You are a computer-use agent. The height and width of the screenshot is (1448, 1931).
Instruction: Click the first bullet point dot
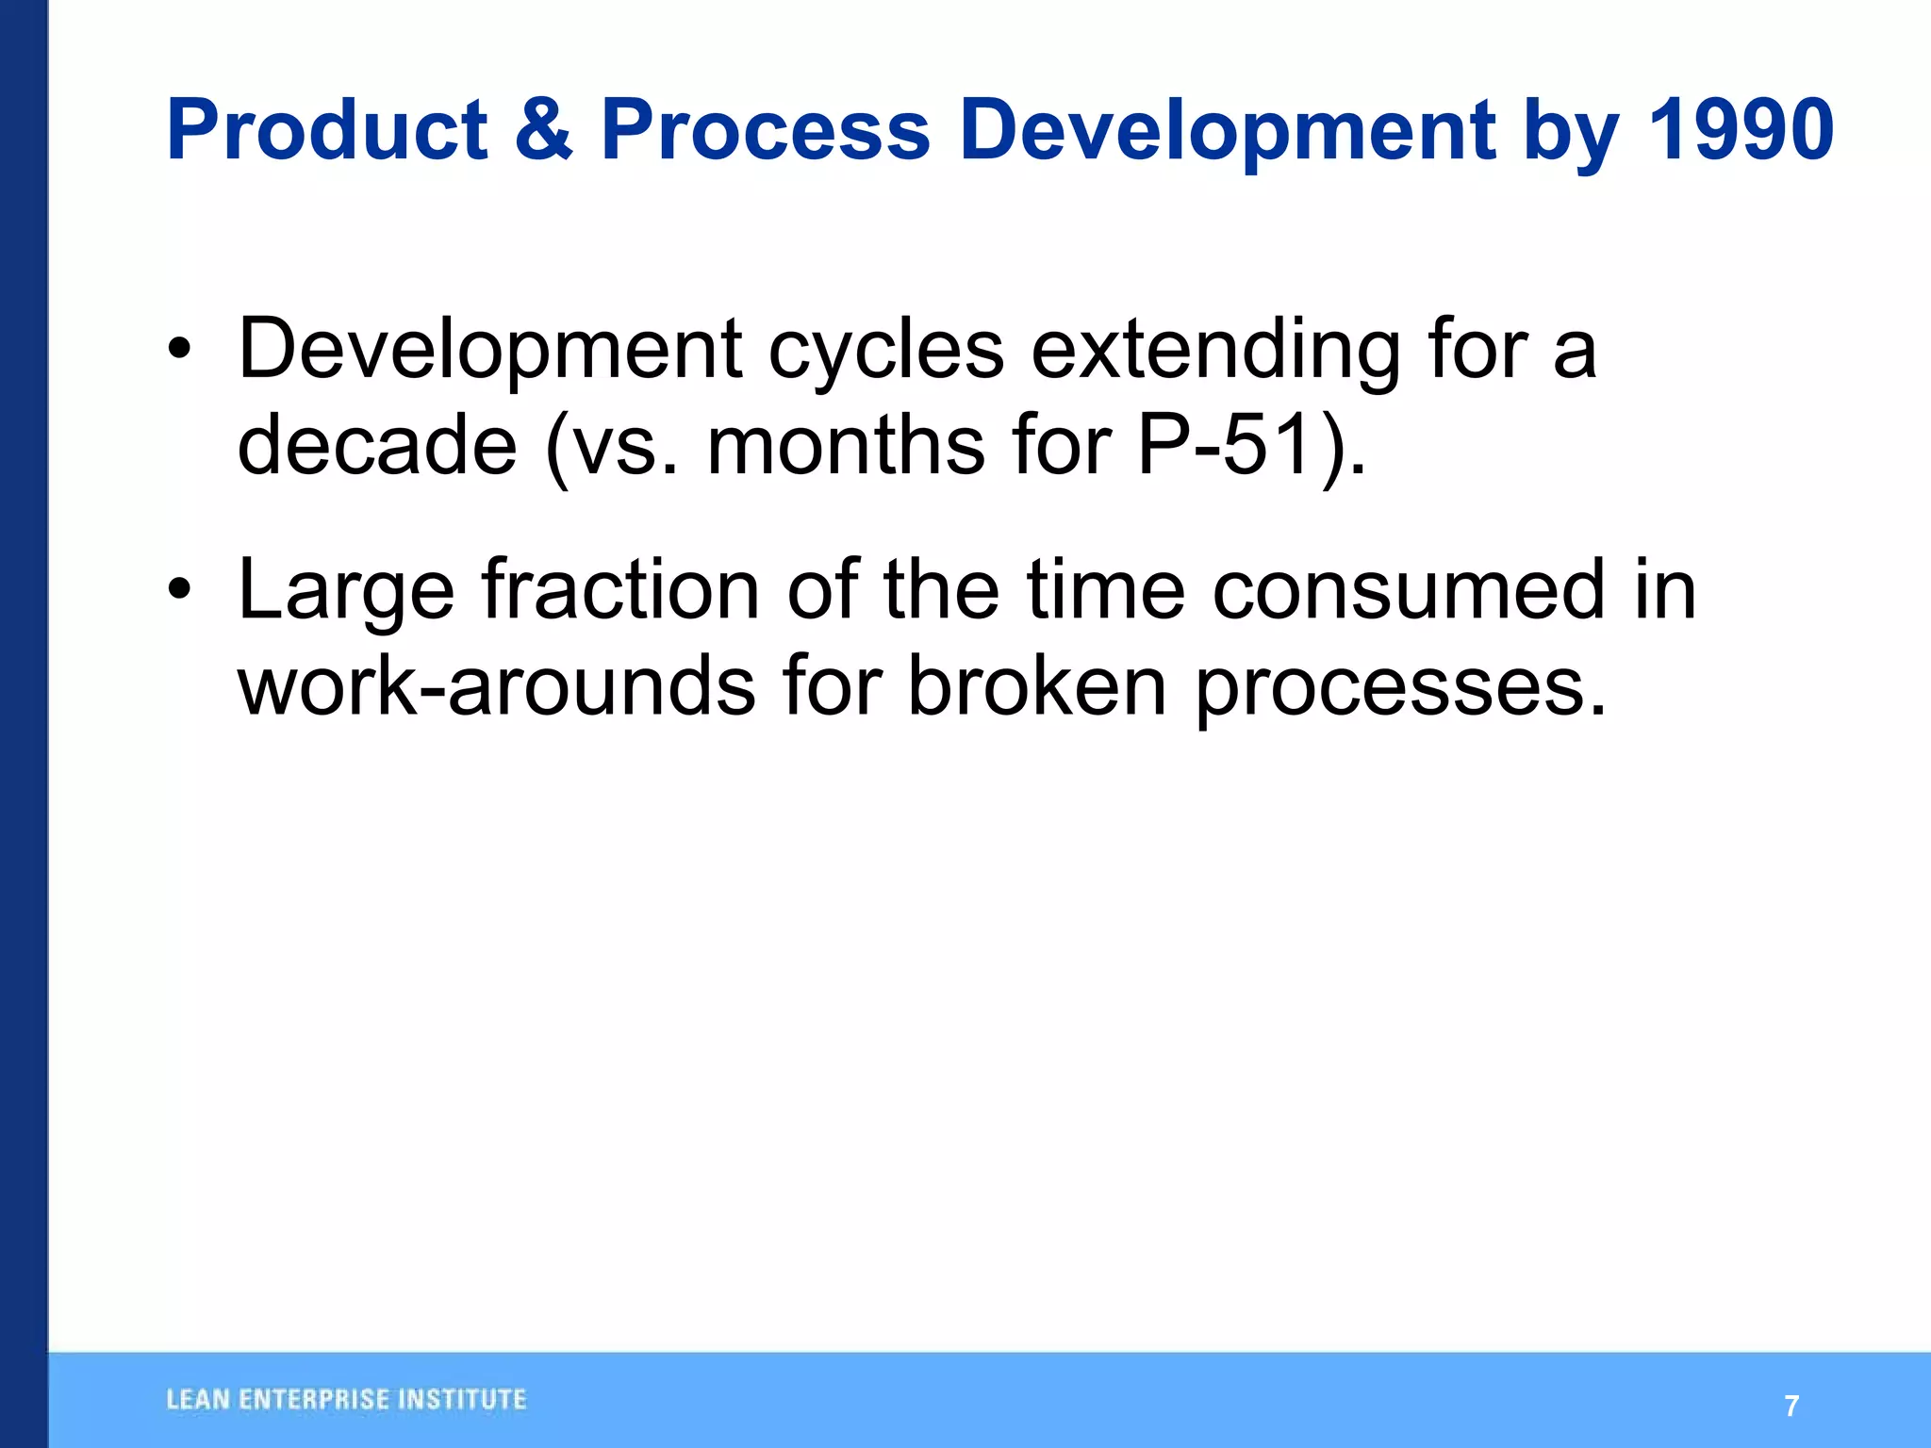click(x=179, y=351)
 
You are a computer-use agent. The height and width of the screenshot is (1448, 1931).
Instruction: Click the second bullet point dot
click(x=179, y=591)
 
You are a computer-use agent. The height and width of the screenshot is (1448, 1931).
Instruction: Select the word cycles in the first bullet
click(x=885, y=351)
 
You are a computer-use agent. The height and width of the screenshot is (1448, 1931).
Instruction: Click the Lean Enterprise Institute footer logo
click(x=346, y=1399)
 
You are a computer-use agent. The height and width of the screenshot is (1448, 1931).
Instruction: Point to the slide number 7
click(x=1792, y=1406)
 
